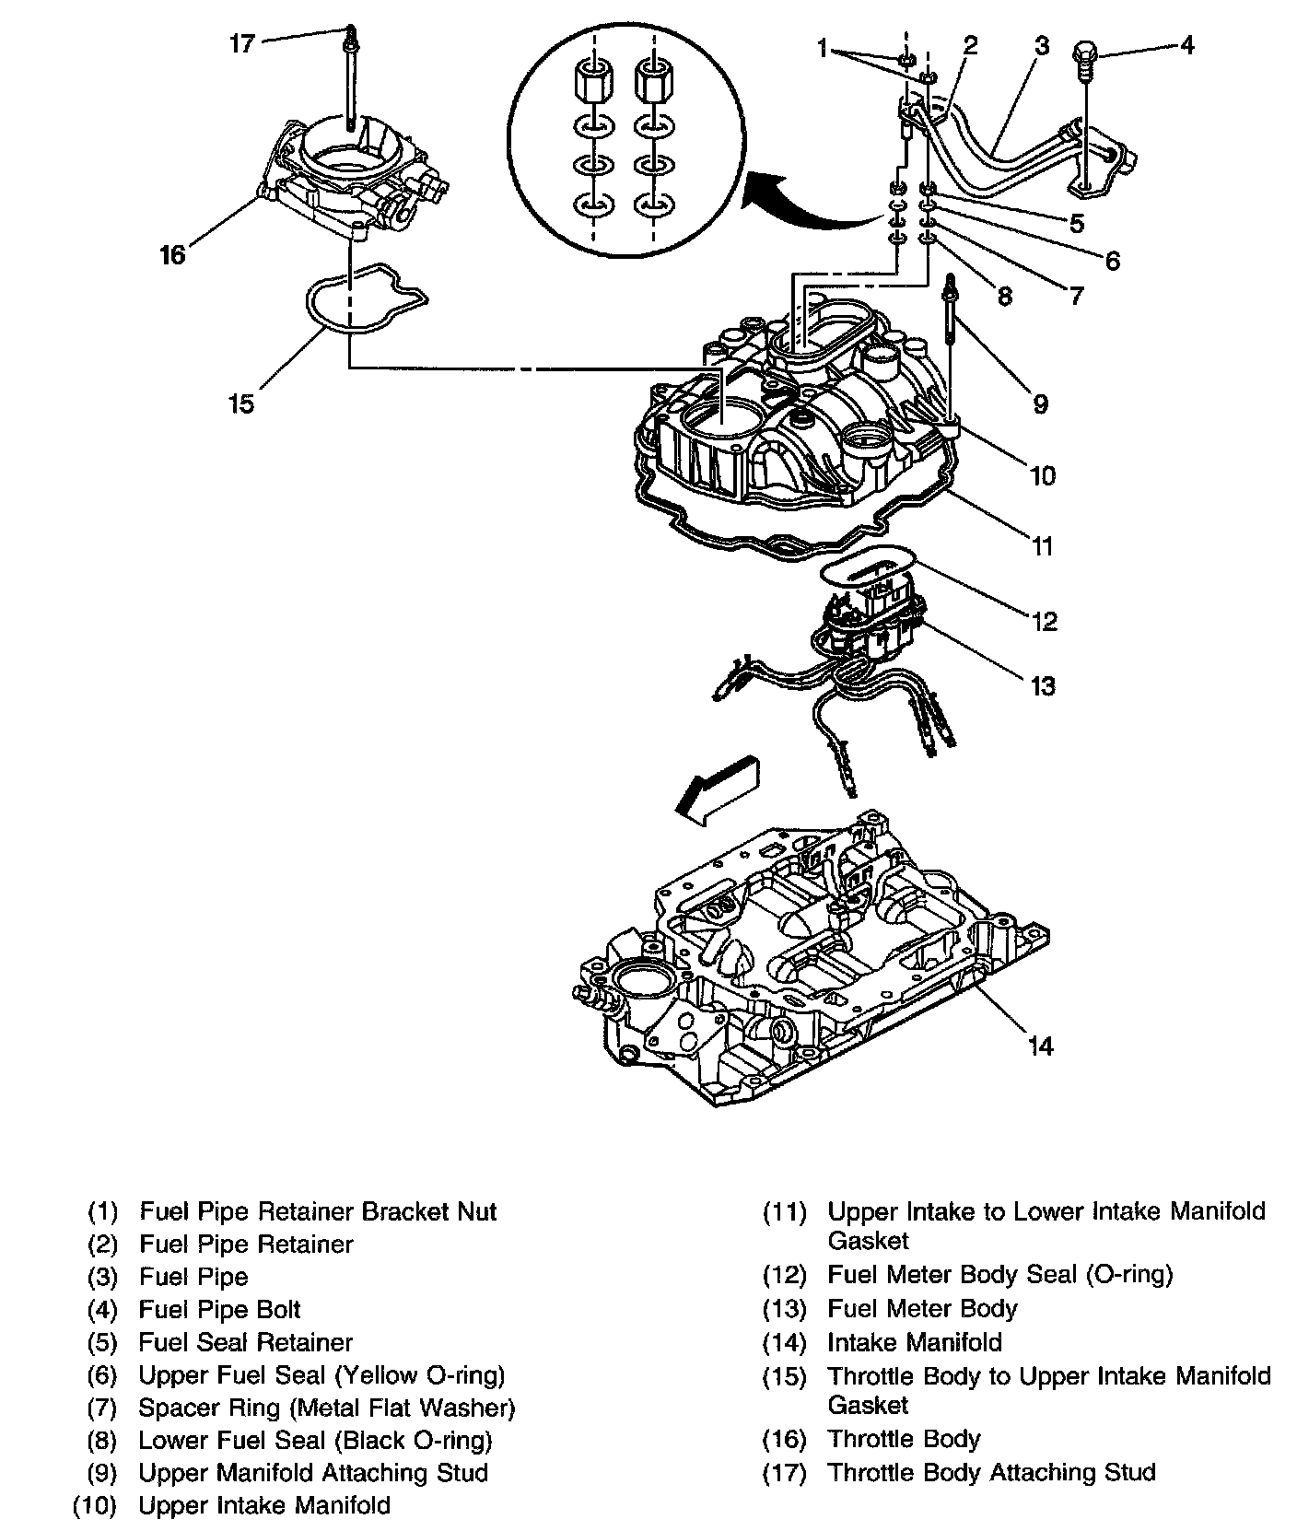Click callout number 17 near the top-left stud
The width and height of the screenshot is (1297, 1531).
click(x=241, y=43)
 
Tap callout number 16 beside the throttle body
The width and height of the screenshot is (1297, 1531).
click(x=172, y=253)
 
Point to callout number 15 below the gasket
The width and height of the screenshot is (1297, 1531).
click(x=240, y=403)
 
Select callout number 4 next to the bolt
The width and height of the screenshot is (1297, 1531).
click(x=1187, y=44)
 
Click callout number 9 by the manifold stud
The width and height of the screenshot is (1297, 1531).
click(x=1039, y=403)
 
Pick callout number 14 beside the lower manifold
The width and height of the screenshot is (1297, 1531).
click(x=1040, y=1046)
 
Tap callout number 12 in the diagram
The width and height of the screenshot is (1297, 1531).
click(x=1044, y=621)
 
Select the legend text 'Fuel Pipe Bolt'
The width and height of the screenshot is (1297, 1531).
click(x=219, y=1309)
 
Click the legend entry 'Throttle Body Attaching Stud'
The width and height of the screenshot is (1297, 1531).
click(x=991, y=1472)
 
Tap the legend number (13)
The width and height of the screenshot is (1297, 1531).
click(x=785, y=1309)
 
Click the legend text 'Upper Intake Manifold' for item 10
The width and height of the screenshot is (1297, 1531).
click(x=264, y=1505)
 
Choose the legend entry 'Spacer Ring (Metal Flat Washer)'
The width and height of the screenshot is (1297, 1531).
click(x=326, y=1408)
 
